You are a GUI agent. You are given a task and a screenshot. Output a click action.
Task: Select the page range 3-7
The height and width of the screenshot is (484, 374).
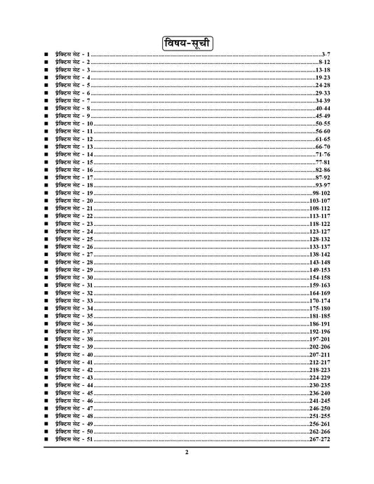click(x=324, y=54)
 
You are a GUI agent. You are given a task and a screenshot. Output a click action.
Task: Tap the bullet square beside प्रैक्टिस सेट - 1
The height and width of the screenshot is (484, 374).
click(x=44, y=54)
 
